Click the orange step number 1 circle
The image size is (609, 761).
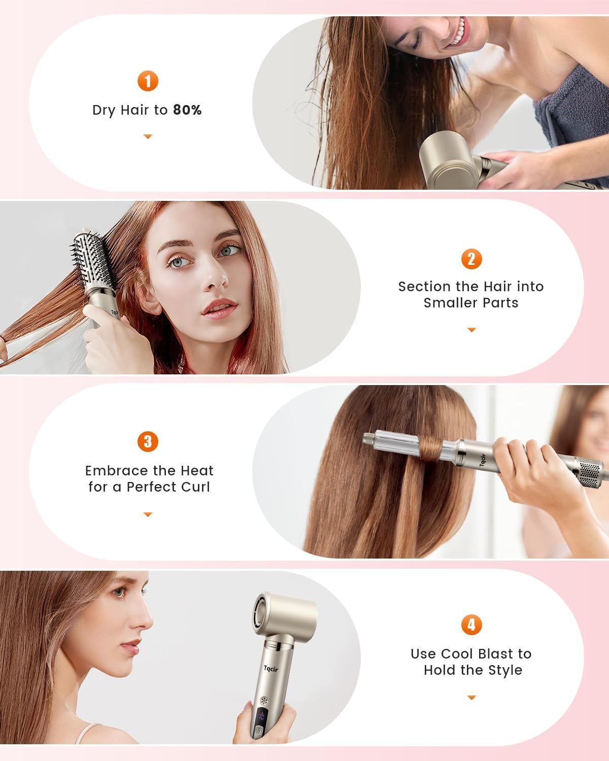pyautogui.click(x=148, y=81)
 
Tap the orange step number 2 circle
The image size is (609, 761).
pyautogui.click(x=471, y=259)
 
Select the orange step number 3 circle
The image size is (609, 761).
pyautogui.click(x=148, y=441)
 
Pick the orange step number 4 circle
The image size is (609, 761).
pyautogui.click(x=471, y=625)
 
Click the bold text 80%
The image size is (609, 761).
pyautogui.click(x=187, y=110)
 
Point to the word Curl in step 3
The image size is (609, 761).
pyautogui.click(x=195, y=487)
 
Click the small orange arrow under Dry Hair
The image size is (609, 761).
pyautogui.click(x=148, y=136)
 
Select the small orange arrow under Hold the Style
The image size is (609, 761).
pyautogui.click(x=471, y=698)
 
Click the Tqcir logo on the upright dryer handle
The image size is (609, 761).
pyautogui.click(x=271, y=669)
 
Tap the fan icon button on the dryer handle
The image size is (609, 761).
pyautogui.click(x=263, y=701)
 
